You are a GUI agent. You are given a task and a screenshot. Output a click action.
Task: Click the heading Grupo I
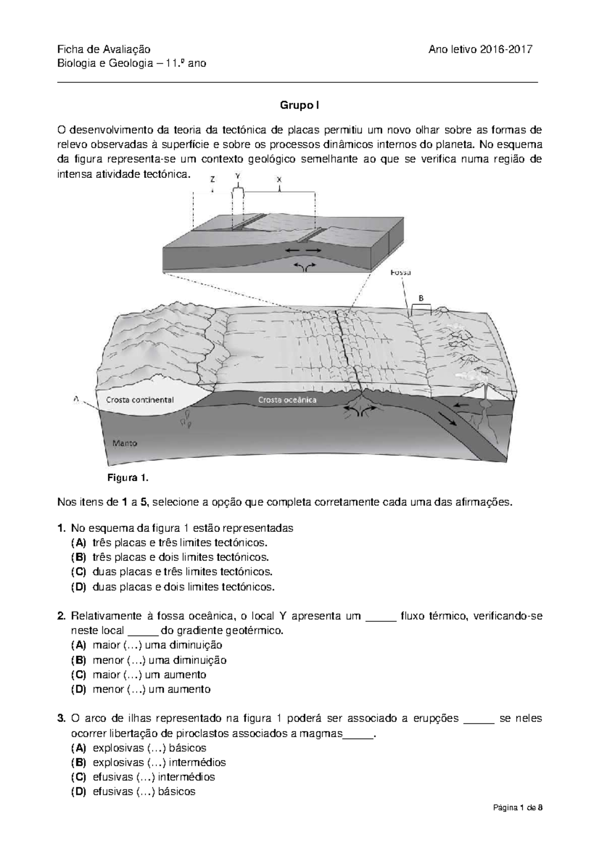click(299, 106)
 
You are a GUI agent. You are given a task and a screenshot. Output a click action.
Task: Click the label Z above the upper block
click(213, 178)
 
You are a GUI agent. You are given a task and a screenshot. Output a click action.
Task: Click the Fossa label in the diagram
click(401, 273)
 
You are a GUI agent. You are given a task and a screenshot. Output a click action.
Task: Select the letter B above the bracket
click(421, 298)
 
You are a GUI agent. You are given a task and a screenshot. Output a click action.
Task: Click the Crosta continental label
click(140, 400)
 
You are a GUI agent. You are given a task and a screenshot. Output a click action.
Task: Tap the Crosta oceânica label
click(288, 400)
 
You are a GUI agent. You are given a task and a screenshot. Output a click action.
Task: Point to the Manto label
click(125, 443)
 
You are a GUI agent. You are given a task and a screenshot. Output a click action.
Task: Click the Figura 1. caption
click(128, 478)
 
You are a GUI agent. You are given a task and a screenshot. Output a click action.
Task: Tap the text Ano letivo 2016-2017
click(481, 49)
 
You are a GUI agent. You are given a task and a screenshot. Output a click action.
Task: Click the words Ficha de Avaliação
click(103, 49)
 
